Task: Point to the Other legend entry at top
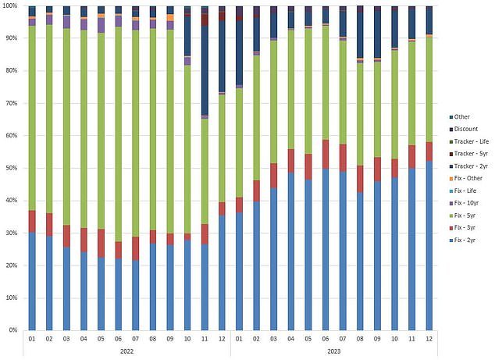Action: click(x=460, y=116)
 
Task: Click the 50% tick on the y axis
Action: click(x=11, y=168)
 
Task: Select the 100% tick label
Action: click(x=9, y=5)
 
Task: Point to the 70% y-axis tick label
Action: click(x=11, y=103)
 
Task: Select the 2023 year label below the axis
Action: click(x=334, y=351)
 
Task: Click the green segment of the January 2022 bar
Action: click(x=32, y=117)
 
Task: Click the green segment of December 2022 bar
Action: click(x=223, y=148)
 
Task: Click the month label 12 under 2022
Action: click(x=223, y=338)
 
